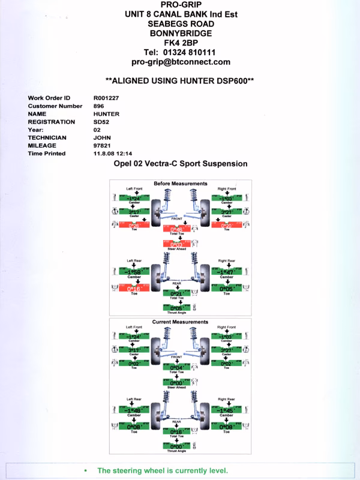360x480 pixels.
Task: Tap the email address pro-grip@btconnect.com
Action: coord(181,62)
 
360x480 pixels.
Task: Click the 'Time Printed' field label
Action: coord(47,154)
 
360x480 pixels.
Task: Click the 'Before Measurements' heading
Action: coord(181,184)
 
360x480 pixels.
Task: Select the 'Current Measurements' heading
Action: coord(181,322)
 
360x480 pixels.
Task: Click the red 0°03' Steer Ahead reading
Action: coord(177,245)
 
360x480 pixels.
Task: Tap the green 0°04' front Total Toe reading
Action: coord(177,368)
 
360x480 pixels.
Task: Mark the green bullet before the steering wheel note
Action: coord(86,471)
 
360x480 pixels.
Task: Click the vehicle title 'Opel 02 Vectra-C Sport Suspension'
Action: coord(181,164)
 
